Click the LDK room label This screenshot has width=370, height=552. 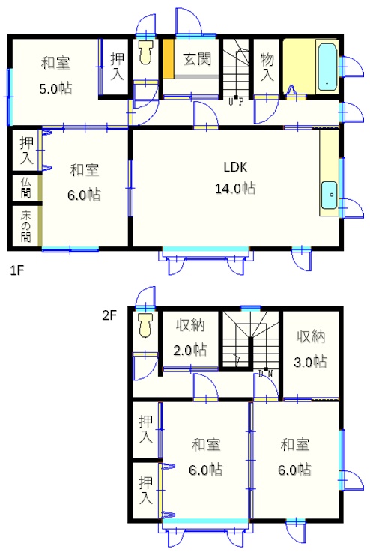coord(235,167)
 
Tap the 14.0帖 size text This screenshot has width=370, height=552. coord(235,189)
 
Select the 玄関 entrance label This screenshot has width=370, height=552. coord(197,59)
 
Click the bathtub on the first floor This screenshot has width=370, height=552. coord(327,67)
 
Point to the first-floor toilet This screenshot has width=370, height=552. coord(145,52)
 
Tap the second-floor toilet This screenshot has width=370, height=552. coord(145,325)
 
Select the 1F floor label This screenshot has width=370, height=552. coord(16,270)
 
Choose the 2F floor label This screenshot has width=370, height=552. coord(109,315)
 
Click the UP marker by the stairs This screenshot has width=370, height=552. coord(235,102)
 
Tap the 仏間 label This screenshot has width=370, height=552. coord(25,188)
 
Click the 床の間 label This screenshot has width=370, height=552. coord(25,226)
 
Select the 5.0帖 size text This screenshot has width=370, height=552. coord(55,88)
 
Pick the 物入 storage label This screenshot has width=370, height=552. coord(267,67)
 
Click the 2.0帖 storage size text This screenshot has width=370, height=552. coord(189,350)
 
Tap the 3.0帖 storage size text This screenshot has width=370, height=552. coord(310,362)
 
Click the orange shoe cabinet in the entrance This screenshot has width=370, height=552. coord(169,59)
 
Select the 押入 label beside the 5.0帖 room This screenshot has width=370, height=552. coord(118,66)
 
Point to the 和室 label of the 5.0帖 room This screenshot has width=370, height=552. coord(55,64)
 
